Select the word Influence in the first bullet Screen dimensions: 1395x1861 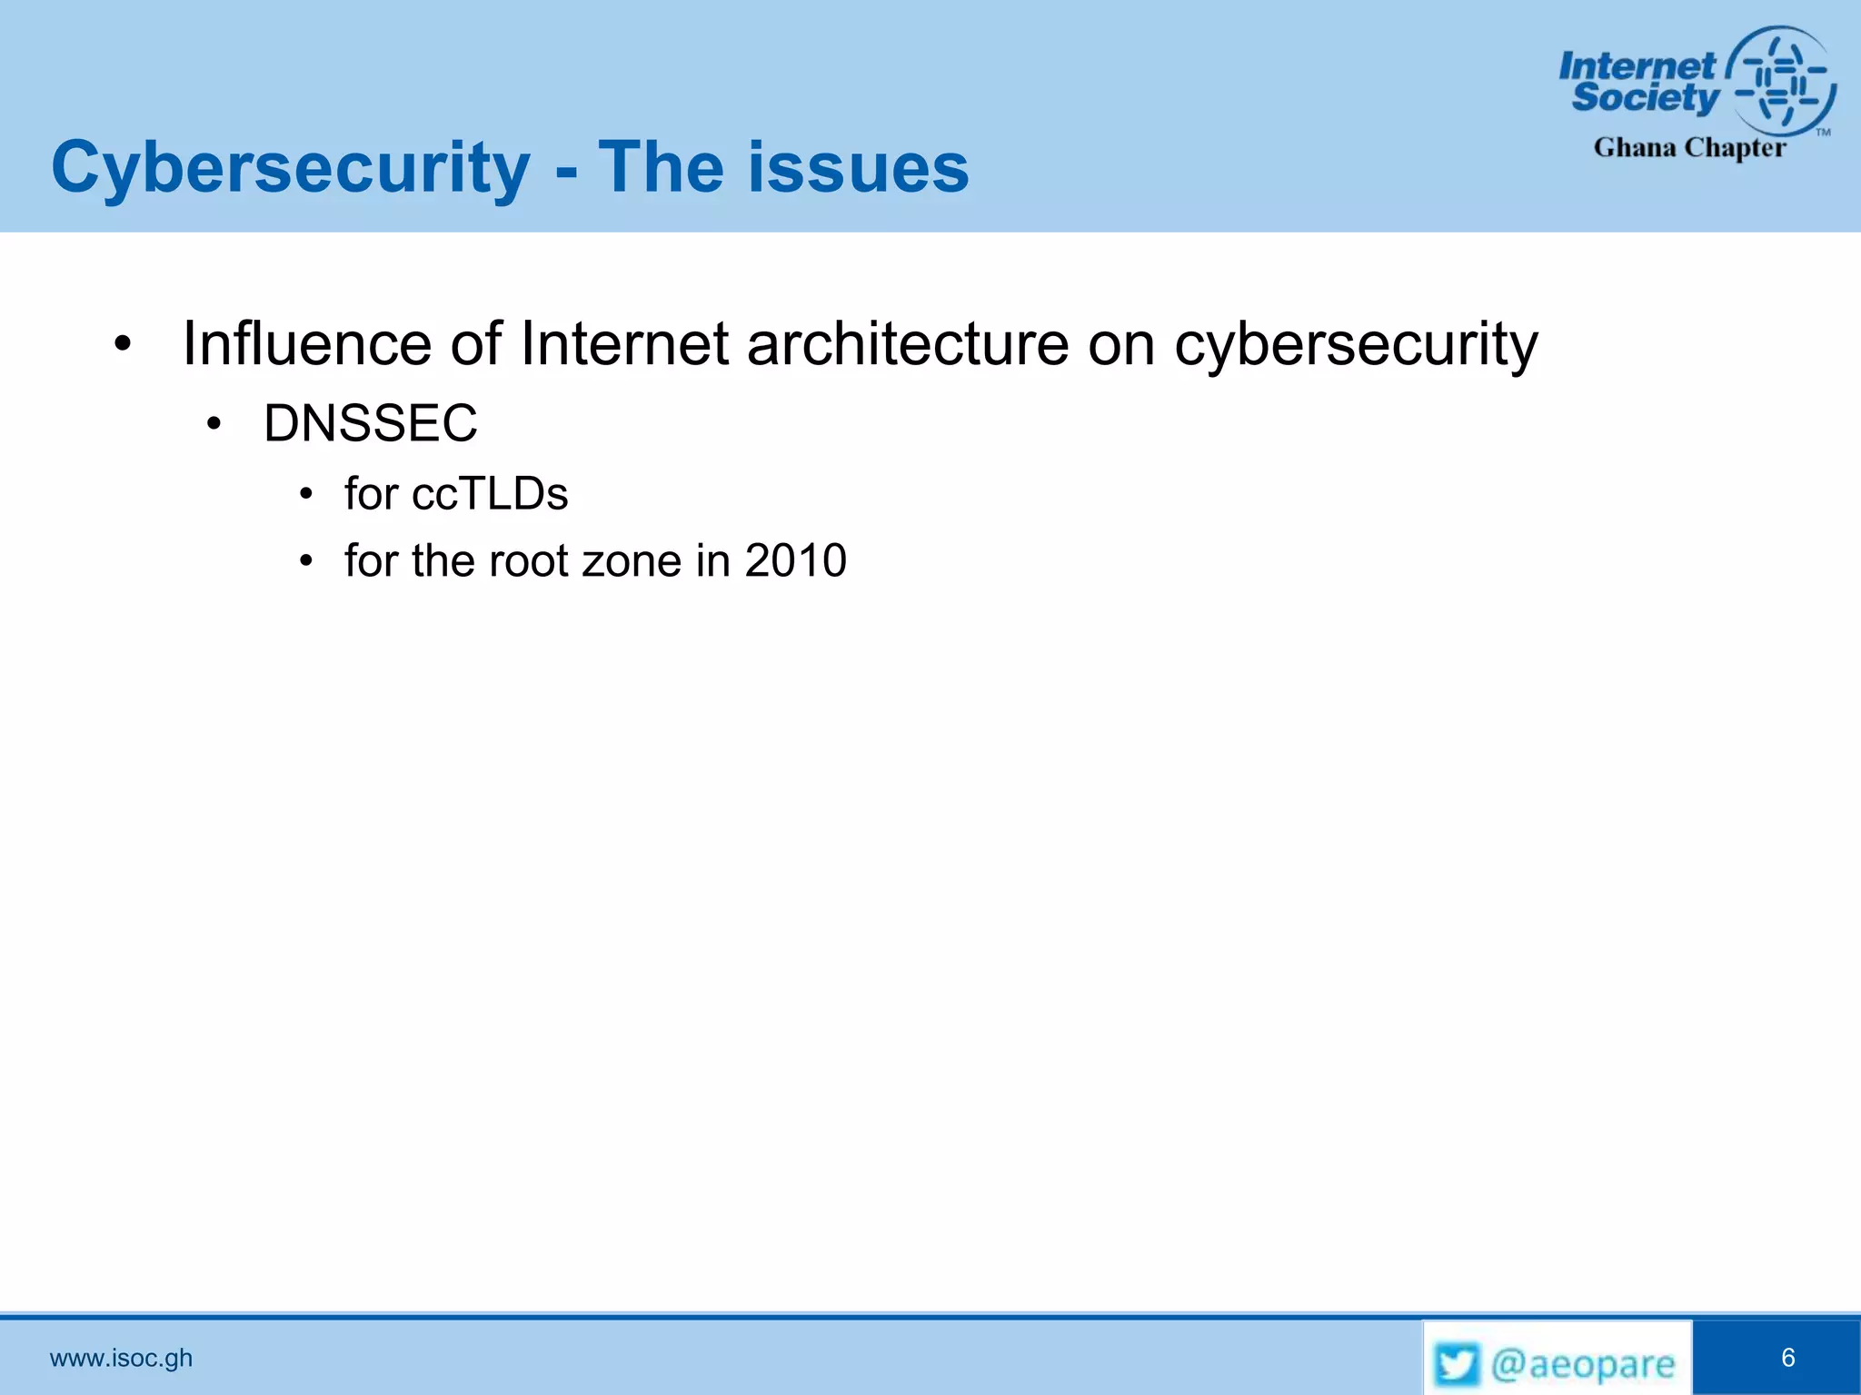306,344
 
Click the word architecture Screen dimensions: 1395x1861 907,344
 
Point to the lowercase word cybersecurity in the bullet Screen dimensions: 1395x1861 1356,346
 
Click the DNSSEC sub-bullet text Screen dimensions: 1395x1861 370,423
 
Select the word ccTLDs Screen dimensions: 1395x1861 490,494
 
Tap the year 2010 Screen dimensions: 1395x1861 795,560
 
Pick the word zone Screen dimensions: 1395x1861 632,560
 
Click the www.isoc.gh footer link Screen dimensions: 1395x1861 121,1358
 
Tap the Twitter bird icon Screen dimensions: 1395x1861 1457,1364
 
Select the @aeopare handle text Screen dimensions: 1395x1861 1582,1364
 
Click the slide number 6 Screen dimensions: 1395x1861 1787,1358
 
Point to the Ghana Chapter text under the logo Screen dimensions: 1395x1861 1689,147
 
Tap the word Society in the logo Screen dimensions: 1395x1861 1646,97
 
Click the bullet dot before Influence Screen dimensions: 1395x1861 124,345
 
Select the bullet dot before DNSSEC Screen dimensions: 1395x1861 214,424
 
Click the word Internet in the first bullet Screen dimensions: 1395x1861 624,344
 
